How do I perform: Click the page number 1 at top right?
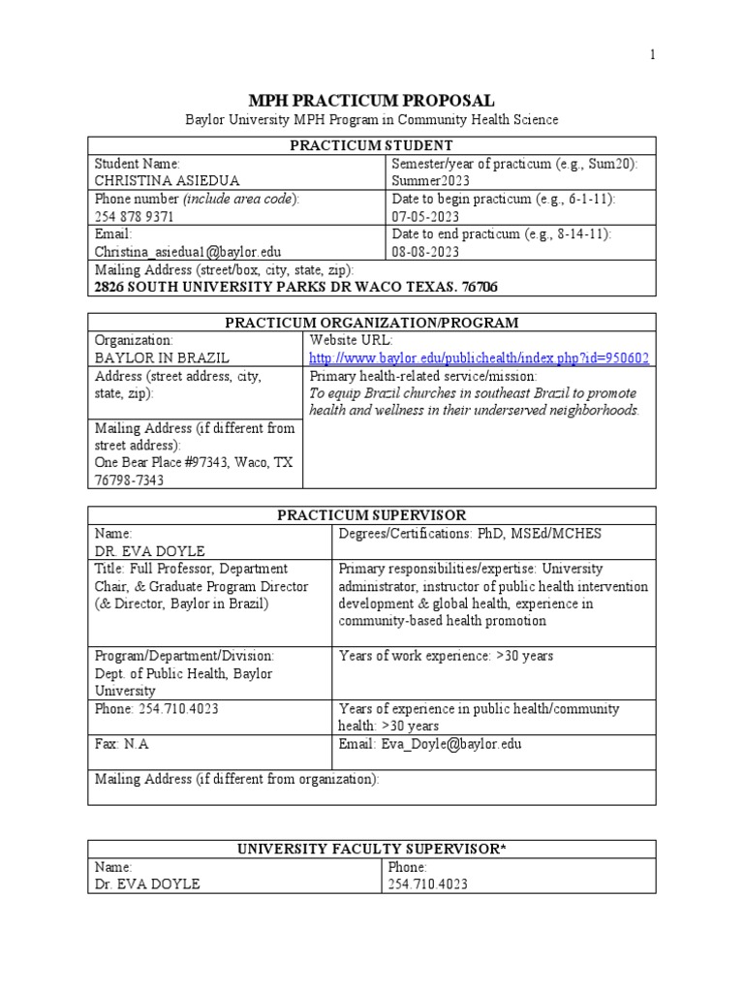pos(653,55)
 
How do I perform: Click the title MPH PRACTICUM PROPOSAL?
pos(372,101)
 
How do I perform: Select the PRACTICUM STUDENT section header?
pos(372,145)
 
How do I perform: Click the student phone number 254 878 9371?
pos(134,217)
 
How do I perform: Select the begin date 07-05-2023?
pos(425,217)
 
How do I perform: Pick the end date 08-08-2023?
pos(425,252)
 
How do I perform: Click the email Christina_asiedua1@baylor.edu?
pos(187,252)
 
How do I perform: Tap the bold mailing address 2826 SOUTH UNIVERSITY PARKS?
pos(286,288)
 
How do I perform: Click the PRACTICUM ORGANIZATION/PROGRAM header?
pos(372,323)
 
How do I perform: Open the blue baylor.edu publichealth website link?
pos(479,358)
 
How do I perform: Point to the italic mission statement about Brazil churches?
pos(473,402)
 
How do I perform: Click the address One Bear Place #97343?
pos(193,463)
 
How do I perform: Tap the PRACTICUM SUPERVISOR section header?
pos(372,514)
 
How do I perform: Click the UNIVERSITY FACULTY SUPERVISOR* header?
pos(372,850)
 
